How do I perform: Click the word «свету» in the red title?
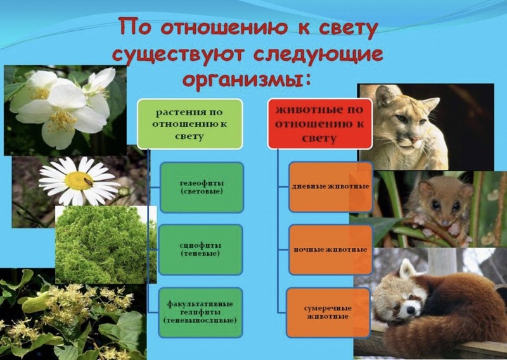(x=348, y=28)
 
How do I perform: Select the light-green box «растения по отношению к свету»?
(x=189, y=124)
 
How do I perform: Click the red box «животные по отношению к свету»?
(x=320, y=124)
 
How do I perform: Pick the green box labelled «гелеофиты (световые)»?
(x=202, y=187)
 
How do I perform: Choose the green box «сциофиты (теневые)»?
(x=200, y=249)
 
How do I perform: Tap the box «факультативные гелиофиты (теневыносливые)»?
(x=200, y=312)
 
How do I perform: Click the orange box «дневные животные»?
(x=330, y=187)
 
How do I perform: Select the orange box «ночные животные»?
(x=330, y=250)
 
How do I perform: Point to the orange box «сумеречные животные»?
(x=328, y=312)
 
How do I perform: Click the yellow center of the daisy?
(x=79, y=181)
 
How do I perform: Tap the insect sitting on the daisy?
(x=88, y=181)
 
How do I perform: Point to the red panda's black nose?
(x=411, y=310)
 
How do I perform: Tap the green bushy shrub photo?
(x=106, y=245)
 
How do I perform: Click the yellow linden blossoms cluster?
(x=81, y=302)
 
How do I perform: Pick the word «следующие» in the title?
(x=318, y=55)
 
